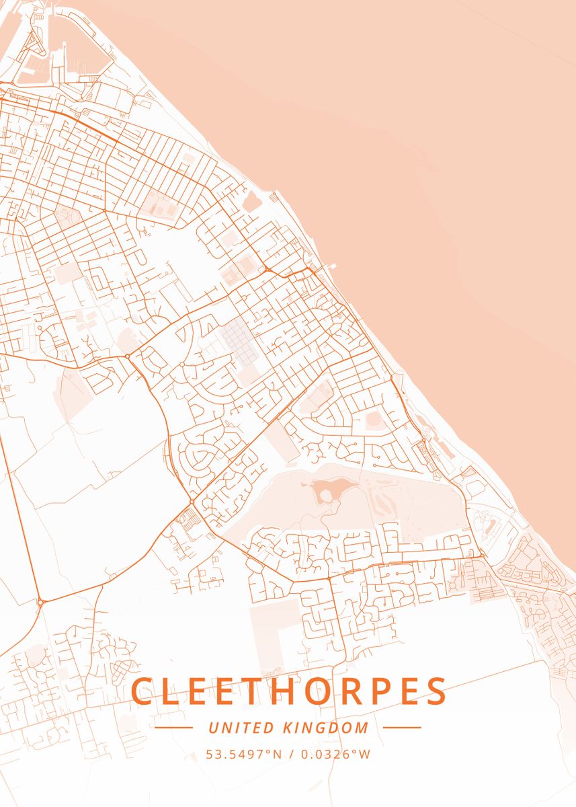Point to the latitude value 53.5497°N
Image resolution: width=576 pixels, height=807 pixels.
[243, 755]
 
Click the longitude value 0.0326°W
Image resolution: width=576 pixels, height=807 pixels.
[335, 755]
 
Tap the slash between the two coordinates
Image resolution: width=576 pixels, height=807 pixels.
[292, 755]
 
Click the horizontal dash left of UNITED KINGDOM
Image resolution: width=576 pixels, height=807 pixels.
[173, 728]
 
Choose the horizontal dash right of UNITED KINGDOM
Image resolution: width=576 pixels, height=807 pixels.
[402, 728]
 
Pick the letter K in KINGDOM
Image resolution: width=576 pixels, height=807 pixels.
[286, 728]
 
